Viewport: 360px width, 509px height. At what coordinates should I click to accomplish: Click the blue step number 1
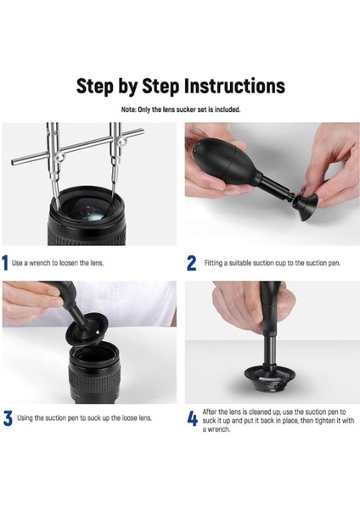point(5,263)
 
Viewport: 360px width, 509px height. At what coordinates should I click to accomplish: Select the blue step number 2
point(191,263)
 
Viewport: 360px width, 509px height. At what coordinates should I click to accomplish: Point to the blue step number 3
point(8,418)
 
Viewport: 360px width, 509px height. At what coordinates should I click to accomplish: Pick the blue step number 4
point(193,419)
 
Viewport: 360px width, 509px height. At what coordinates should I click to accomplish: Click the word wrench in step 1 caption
point(40,263)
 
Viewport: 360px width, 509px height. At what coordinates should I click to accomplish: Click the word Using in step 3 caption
point(25,418)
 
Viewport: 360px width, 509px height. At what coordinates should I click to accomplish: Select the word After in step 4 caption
point(210,412)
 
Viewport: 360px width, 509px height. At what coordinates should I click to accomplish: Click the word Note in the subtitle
point(128,109)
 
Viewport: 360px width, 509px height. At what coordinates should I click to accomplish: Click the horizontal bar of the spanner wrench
point(77,147)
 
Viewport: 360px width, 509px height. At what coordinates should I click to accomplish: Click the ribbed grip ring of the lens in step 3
point(94,383)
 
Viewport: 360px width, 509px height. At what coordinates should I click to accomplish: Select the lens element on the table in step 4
point(270,378)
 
